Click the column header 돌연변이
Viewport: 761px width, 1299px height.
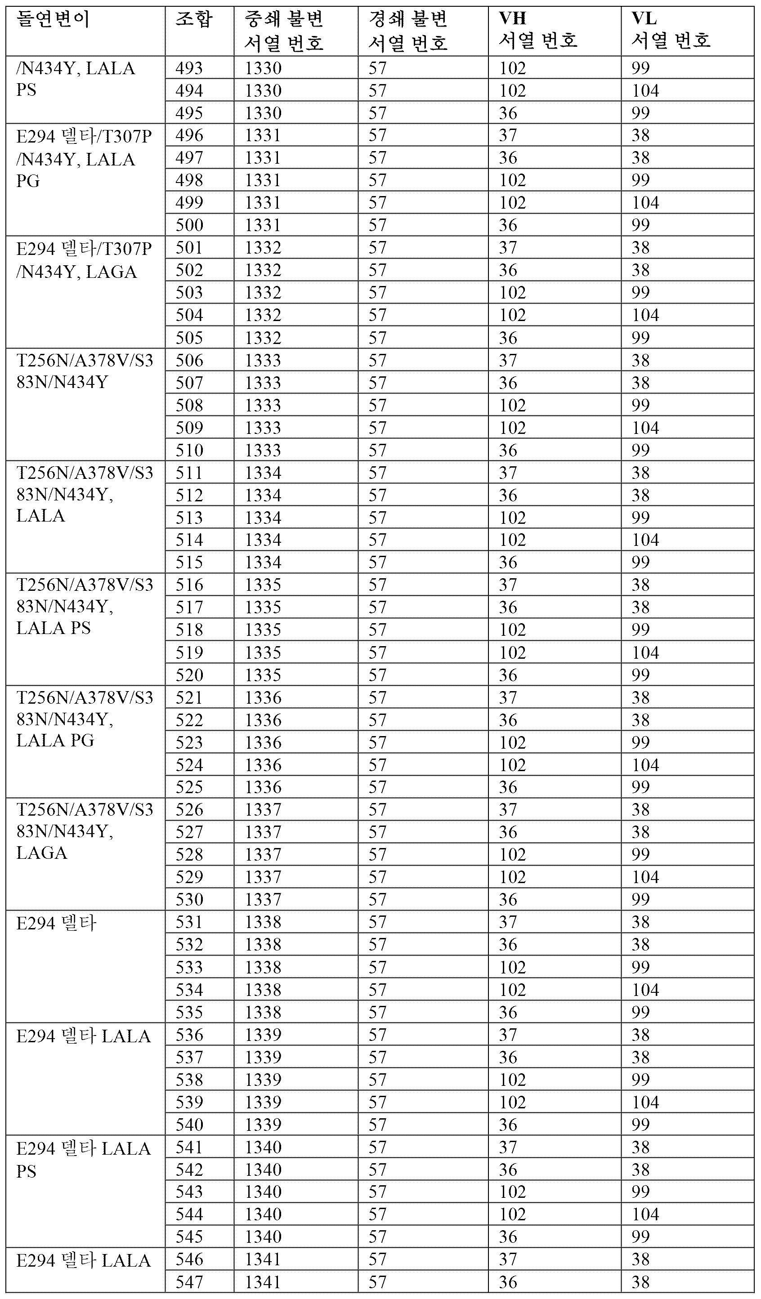pos(53,20)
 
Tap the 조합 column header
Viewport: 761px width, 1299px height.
pos(194,20)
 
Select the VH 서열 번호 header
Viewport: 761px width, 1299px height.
pos(538,30)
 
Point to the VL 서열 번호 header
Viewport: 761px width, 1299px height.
pos(671,30)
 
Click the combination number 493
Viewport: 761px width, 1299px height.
pos(189,68)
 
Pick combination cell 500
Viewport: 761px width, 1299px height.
pos(189,225)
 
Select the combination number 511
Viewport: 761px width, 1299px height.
pos(189,473)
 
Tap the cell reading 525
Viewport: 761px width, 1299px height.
pos(189,787)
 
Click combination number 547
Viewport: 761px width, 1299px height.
pos(189,1281)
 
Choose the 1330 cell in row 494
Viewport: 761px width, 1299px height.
pos(263,91)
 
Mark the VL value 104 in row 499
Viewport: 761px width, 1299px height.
pos(645,203)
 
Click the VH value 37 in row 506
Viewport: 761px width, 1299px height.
pos(508,360)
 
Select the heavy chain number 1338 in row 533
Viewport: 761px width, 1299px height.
pos(263,967)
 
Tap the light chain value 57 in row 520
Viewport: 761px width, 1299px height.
pos(377,675)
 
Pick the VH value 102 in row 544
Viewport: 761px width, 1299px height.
pos(512,1214)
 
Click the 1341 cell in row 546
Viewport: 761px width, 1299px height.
pos(263,1259)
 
